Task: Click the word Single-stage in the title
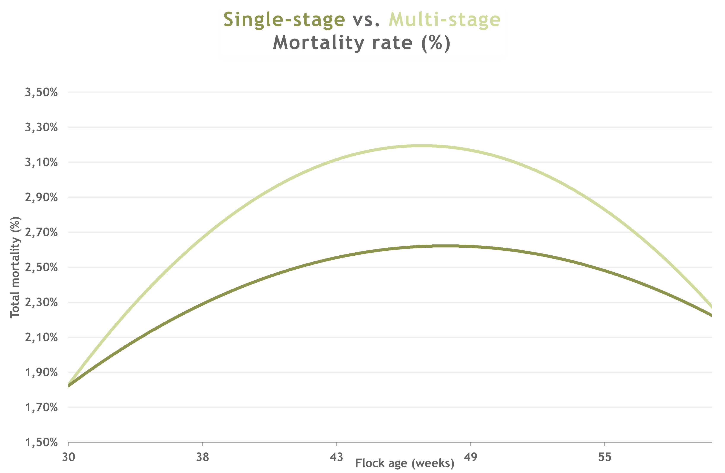284,21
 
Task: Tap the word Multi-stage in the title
444,21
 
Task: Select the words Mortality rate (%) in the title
361,44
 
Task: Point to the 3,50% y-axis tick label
41,92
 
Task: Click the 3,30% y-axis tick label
41,127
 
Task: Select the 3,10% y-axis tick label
41,162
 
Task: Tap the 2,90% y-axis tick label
41,197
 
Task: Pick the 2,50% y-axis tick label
41,267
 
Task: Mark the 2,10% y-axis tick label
41,337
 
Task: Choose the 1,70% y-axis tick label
41,407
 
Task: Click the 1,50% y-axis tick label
41,442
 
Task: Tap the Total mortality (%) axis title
15,267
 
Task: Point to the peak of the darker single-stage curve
445,246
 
